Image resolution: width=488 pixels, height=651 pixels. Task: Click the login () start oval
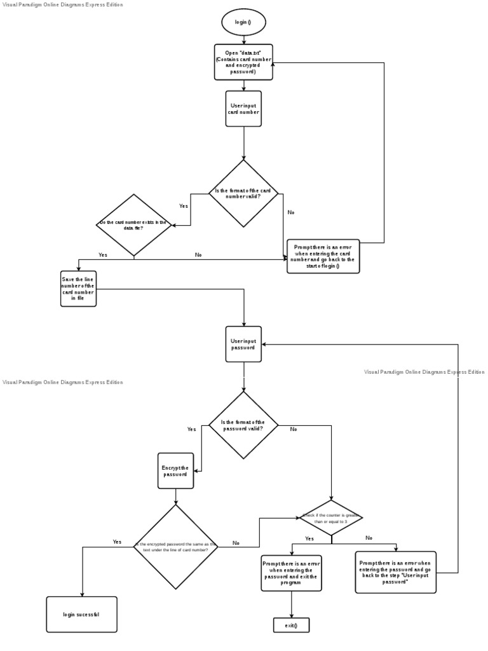(243, 22)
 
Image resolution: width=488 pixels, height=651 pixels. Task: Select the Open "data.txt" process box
(243, 62)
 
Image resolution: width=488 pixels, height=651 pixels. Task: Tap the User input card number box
(243, 109)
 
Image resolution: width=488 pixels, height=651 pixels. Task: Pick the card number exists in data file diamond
(133, 225)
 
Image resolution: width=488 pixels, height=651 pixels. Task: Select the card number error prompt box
(323, 256)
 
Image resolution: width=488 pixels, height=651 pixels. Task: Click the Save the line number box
(78, 289)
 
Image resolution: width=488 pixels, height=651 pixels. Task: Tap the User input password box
(243, 344)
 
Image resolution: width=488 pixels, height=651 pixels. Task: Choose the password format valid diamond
(243, 425)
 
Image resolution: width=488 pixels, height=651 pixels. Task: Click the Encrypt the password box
(176, 470)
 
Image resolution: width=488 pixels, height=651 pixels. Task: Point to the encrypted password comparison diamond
(176, 547)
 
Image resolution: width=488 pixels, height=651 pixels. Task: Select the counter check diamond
(331, 517)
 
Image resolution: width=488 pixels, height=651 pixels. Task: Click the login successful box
(81, 614)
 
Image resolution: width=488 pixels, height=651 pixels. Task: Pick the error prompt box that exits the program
(291, 573)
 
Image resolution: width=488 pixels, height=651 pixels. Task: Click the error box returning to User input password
(395, 572)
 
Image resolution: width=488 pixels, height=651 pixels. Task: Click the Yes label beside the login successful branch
(117, 542)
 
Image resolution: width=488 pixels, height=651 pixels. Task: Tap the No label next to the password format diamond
(294, 429)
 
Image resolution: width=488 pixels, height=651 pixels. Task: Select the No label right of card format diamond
(291, 212)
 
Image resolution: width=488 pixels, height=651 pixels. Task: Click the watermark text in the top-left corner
(62, 4)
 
